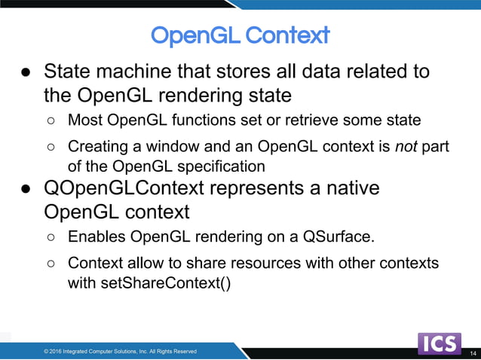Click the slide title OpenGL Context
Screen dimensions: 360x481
(x=240, y=35)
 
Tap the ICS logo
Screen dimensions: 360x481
(x=440, y=343)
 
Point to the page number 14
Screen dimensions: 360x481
(x=473, y=353)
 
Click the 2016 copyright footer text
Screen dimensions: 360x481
(x=120, y=351)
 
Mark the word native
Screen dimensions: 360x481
(x=354, y=187)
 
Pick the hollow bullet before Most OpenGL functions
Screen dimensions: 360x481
(x=51, y=121)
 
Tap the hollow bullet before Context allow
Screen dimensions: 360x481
(x=51, y=264)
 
